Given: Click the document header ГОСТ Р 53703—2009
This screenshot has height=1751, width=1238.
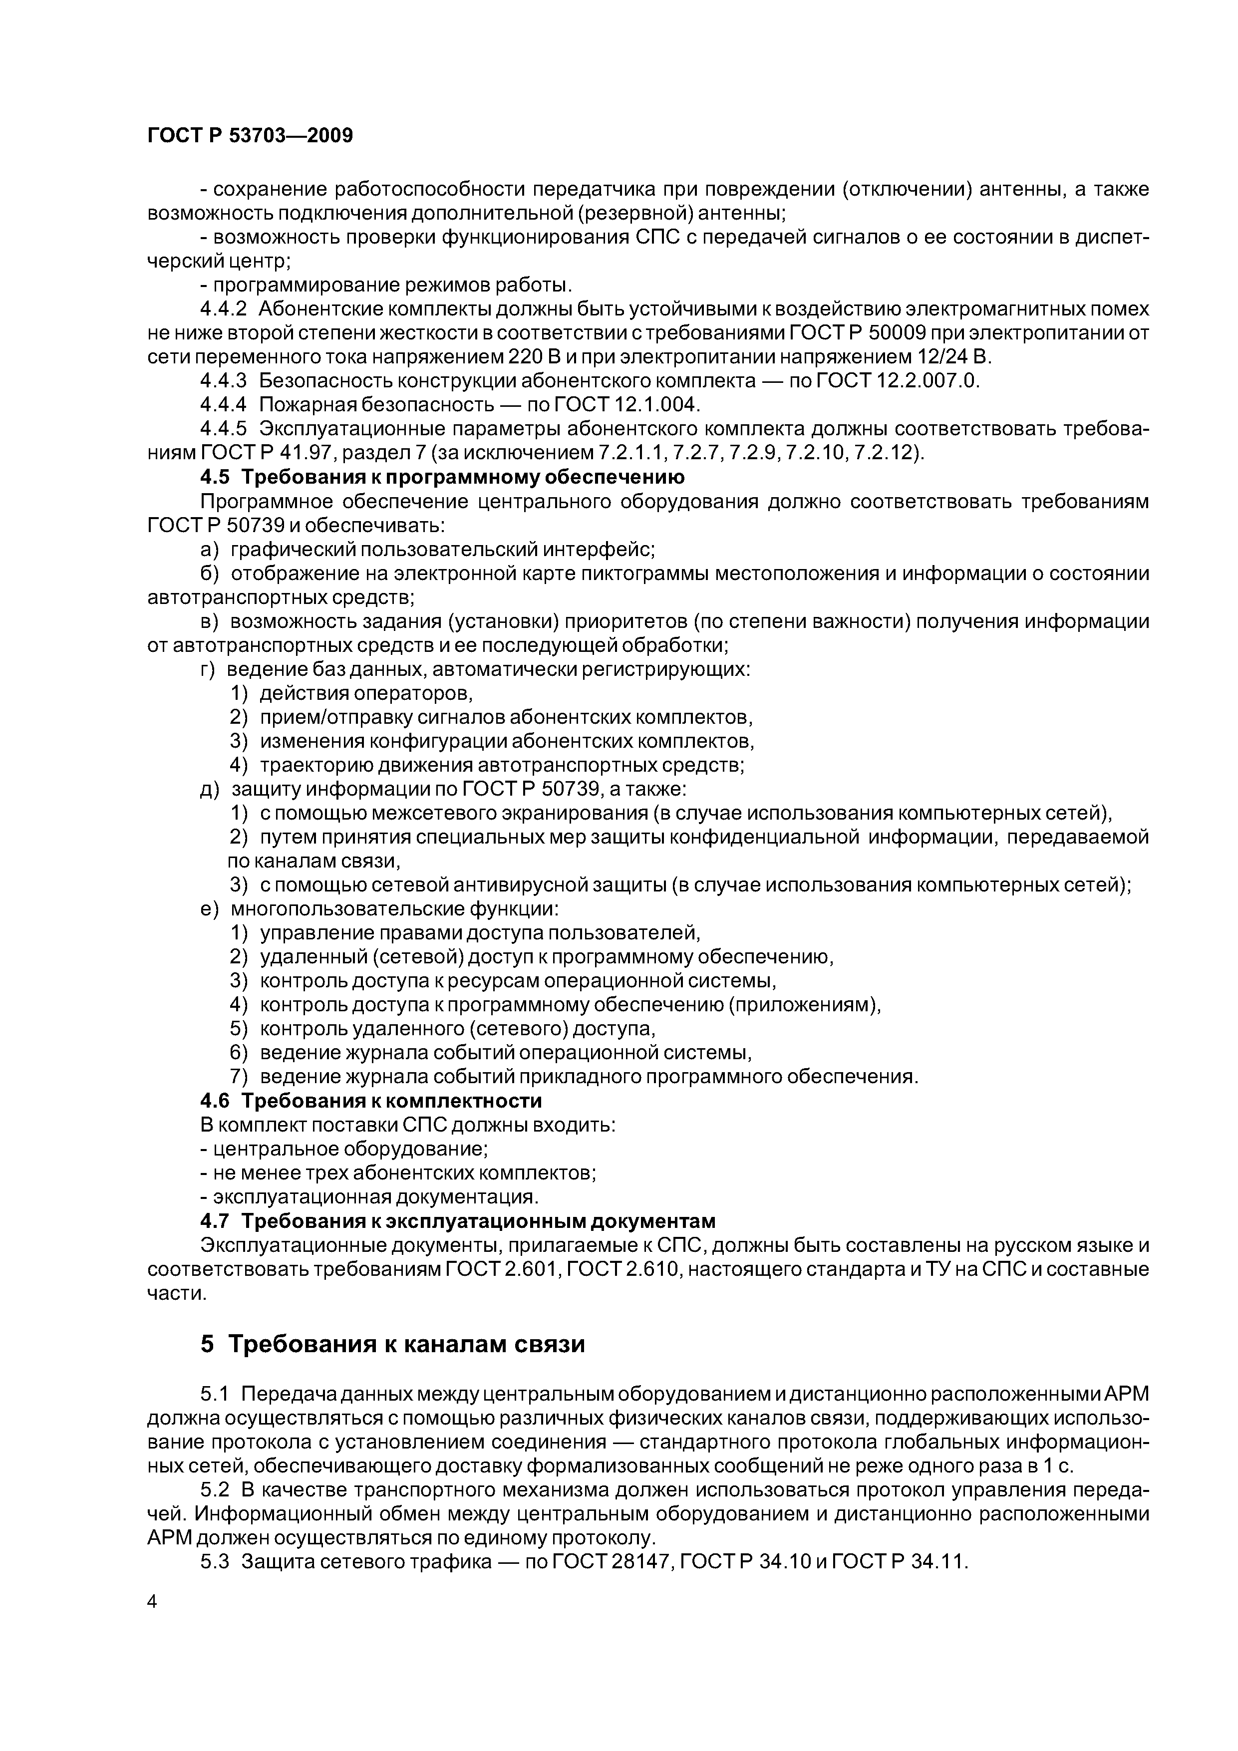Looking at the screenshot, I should (250, 136).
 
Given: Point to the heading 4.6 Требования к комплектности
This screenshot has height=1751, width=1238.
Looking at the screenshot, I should (371, 1101).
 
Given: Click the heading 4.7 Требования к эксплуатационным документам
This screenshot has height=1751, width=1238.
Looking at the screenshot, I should (458, 1221).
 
